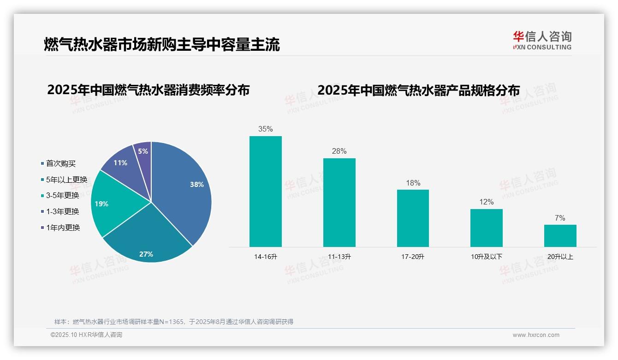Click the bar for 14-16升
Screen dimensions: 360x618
265,191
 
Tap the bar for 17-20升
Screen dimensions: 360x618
413,218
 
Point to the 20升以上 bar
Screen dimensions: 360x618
560,235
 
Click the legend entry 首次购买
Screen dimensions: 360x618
60,163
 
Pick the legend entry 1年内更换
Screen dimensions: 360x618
63,228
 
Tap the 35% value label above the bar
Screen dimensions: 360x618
265,129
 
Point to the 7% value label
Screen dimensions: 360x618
560,218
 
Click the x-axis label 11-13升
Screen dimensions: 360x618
339,257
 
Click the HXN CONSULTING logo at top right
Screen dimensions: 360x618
542,41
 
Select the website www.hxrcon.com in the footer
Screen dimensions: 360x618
536,335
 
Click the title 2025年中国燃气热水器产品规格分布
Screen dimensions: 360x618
418,90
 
